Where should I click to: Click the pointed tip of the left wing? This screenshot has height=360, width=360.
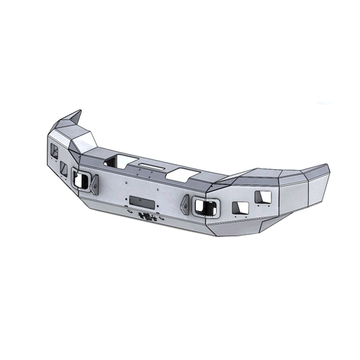point(78,113)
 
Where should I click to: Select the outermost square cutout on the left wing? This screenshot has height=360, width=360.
point(54,151)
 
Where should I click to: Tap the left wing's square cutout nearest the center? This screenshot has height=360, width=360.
point(65,168)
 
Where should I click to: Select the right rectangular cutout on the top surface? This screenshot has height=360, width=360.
point(182,173)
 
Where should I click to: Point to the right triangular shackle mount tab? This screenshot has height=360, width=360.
point(186,203)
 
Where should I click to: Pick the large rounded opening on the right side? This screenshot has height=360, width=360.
point(206,207)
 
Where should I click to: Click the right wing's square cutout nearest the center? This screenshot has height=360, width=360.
point(240,207)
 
